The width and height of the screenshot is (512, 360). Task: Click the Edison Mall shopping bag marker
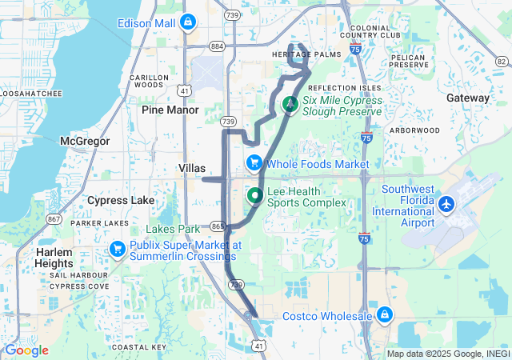click(187, 22)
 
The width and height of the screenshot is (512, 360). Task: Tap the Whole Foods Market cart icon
click(254, 163)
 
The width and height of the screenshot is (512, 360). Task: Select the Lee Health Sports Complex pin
click(255, 195)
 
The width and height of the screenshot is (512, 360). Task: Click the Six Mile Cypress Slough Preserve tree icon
click(290, 103)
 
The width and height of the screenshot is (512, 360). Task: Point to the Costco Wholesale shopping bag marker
click(385, 314)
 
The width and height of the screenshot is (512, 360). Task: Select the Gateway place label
click(468, 98)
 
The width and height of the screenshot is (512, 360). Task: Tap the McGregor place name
click(83, 141)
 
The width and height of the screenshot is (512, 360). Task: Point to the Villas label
click(190, 168)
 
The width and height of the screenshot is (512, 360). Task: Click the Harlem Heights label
click(54, 258)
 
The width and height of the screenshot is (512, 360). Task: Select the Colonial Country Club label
click(369, 30)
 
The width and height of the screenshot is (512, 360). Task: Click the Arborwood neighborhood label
click(414, 130)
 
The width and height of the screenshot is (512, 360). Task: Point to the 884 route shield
click(217, 46)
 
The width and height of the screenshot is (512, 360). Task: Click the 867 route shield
click(54, 219)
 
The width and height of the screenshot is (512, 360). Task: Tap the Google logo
click(26, 350)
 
